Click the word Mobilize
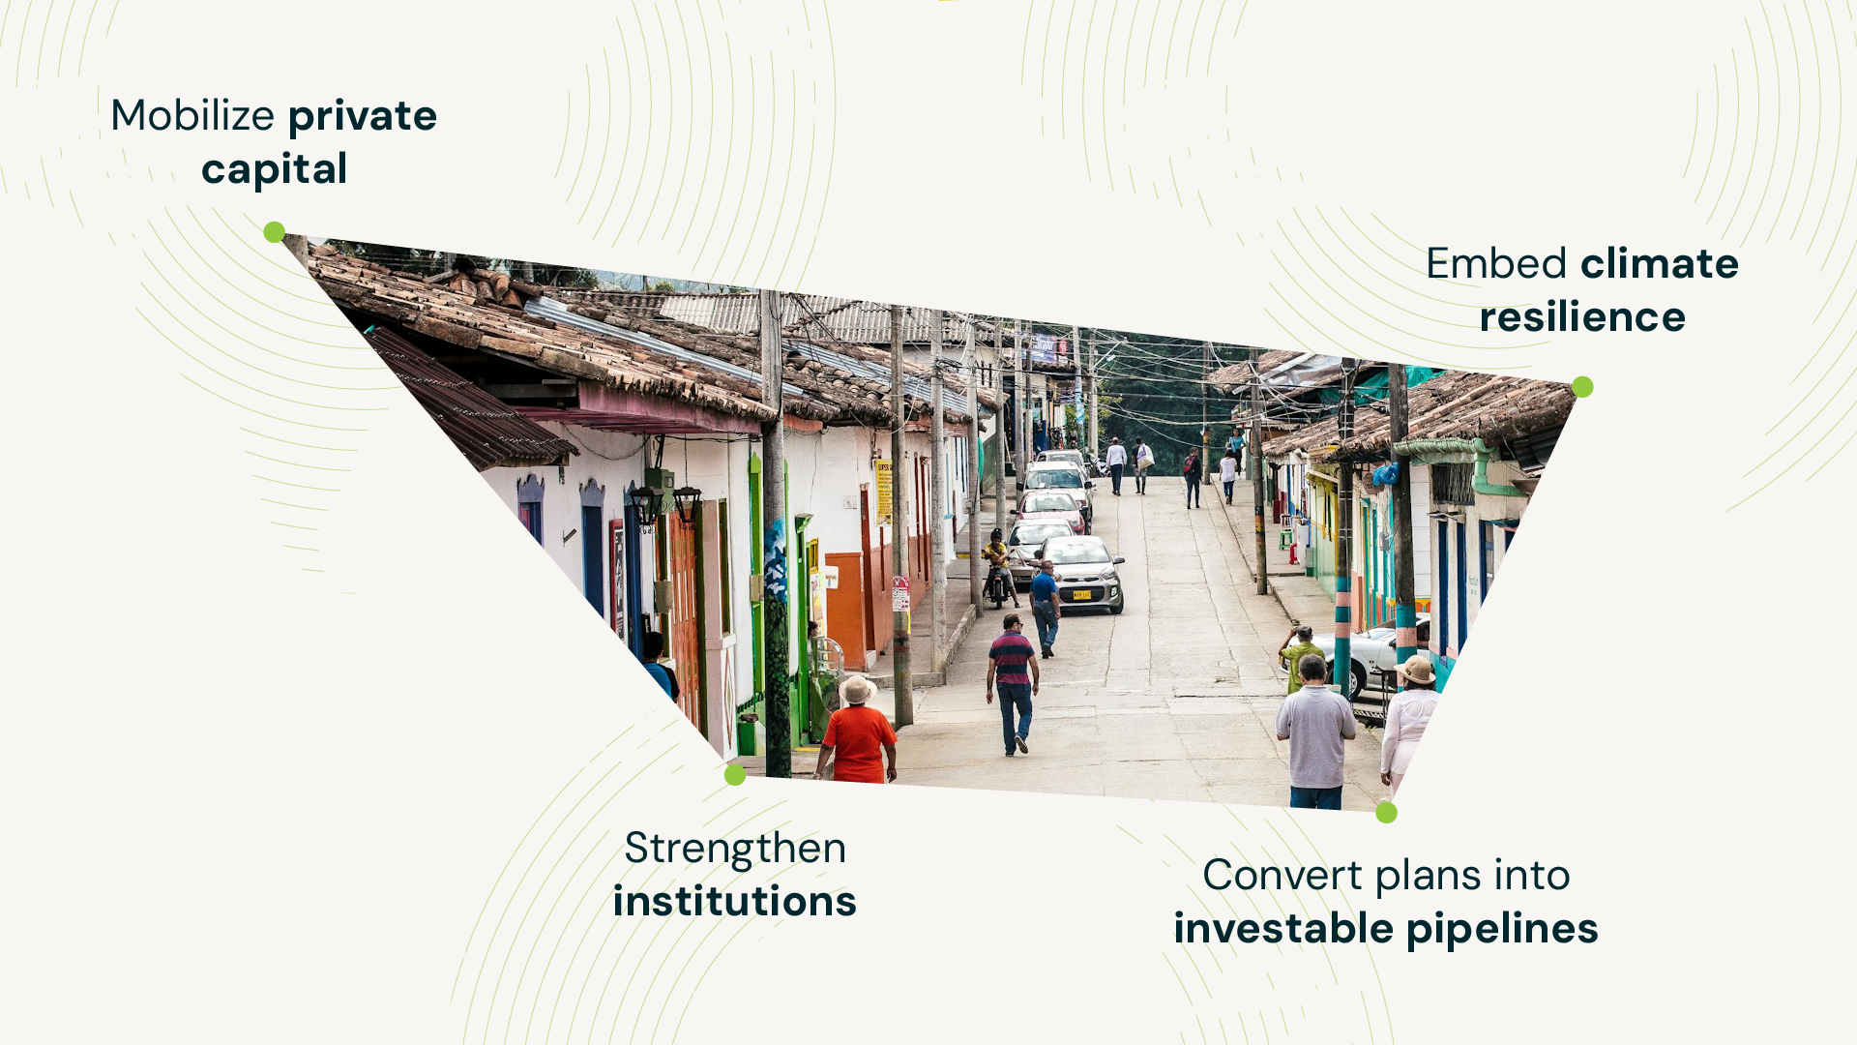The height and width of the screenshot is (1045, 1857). tap(193, 116)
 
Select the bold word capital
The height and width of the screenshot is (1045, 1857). tap(275, 170)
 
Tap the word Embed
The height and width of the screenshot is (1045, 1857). tap(1496, 263)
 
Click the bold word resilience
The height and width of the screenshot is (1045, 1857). tap(1582, 317)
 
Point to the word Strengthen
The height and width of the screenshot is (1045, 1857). tap(735, 849)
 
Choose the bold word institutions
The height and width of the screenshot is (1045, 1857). tap(735, 902)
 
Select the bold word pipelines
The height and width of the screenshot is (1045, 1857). tap(1502, 930)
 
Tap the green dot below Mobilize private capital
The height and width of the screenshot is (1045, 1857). tap(275, 232)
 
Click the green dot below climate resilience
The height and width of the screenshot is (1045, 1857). tap(1582, 387)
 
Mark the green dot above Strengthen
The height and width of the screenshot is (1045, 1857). tap(735, 774)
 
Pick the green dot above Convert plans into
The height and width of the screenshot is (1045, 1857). tap(1387, 813)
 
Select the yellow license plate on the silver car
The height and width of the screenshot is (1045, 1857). tap(1081, 595)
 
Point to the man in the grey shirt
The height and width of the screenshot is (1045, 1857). tap(1315, 731)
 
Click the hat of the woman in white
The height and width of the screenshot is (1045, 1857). tap(1415, 670)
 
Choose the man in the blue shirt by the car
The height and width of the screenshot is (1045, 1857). tap(1045, 609)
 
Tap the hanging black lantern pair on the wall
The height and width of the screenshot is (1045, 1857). tap(666, 502)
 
